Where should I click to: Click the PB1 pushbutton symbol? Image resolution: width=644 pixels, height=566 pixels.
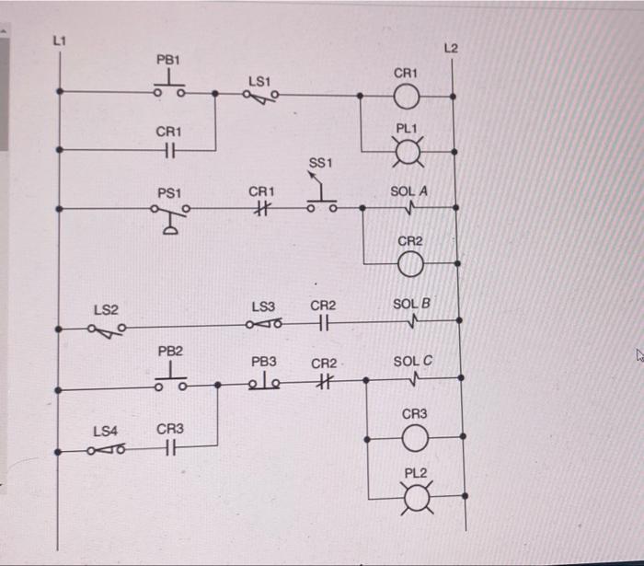click(168, 87)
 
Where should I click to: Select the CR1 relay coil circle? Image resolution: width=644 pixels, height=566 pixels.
click(406, 95)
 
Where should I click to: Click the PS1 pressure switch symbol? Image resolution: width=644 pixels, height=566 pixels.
click(170, 213)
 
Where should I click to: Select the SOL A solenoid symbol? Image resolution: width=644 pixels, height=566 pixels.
click(408, 208)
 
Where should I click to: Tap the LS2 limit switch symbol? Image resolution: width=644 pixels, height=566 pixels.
click(108, 327)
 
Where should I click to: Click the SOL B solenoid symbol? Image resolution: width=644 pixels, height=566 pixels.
click(411, 321)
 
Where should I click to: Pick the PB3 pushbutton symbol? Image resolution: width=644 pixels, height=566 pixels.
click(264, 380)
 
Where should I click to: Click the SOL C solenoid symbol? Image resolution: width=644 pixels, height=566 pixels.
click(412, 378)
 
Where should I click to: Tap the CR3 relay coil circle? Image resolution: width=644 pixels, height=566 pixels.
click(414, 440)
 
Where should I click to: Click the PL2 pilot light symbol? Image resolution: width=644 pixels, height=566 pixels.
click(416, 498)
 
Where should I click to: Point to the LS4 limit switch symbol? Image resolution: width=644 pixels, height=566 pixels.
click(106, 449)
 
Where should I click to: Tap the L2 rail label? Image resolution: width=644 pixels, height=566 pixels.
click(449, 47)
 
